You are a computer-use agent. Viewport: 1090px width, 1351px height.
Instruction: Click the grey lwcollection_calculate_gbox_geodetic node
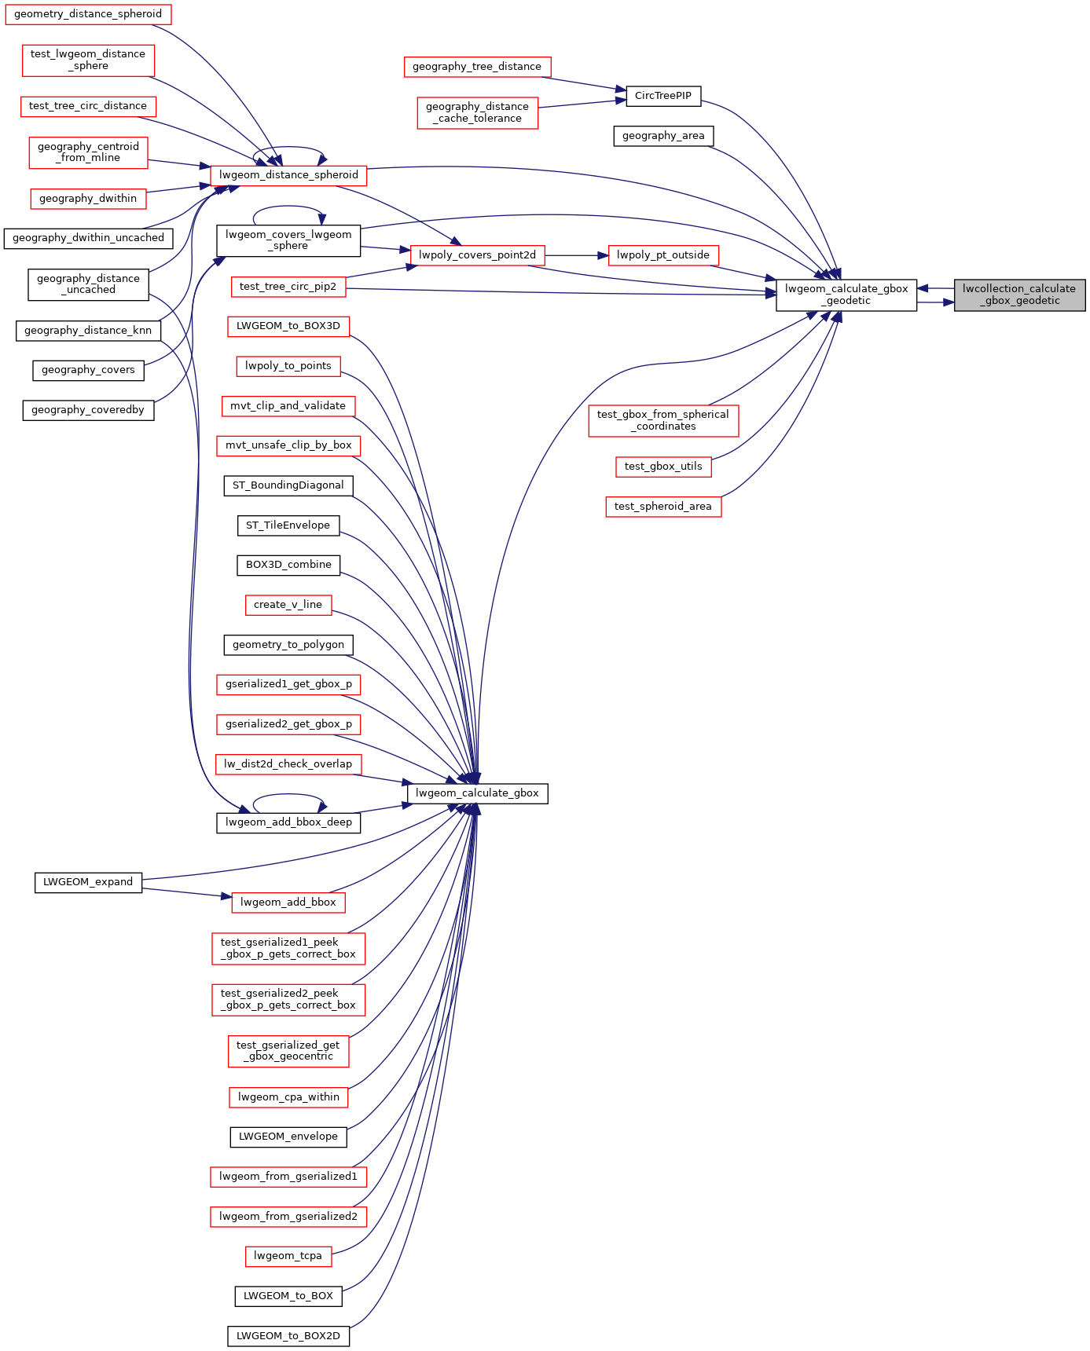1019,295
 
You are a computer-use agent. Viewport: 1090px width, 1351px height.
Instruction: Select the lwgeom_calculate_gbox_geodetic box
846,295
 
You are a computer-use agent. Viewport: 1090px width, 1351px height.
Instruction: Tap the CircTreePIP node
663,96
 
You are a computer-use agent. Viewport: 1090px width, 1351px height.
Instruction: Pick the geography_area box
663,136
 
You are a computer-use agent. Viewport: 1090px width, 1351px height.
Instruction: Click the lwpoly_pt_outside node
663,254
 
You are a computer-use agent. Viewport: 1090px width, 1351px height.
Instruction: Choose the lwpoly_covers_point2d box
477,254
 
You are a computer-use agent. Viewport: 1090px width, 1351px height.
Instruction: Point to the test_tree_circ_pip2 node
288,287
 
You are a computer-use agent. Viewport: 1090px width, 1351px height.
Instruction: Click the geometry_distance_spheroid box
88,14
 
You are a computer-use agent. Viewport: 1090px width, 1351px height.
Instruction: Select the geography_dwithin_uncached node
88,238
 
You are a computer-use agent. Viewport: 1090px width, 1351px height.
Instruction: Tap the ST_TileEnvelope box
288,525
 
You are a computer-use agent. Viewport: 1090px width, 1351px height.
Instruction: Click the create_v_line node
288,605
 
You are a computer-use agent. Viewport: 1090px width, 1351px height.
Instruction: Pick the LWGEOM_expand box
88,882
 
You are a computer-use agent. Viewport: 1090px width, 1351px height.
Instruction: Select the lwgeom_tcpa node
288,1256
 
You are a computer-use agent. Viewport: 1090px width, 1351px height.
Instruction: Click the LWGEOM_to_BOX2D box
288,1335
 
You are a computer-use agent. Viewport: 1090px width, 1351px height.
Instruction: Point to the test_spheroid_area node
663,506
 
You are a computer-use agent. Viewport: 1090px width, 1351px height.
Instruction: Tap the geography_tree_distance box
477,67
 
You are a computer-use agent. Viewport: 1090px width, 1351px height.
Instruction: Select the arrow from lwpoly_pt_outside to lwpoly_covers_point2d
577,254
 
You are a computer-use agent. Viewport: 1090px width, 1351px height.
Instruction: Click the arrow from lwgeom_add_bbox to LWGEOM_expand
187,893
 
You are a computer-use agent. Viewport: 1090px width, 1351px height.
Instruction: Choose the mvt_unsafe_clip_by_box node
288,445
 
